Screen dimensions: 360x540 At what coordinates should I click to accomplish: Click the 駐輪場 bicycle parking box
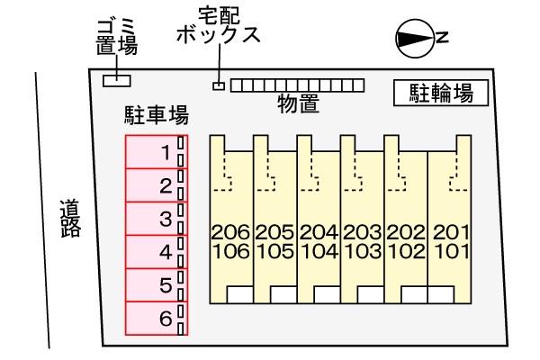point(441,92)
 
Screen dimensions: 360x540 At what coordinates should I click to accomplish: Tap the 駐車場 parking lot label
point(156,114)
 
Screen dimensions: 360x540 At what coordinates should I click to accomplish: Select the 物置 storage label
point(299,103)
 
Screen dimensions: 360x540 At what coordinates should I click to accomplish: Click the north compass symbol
point(417,38)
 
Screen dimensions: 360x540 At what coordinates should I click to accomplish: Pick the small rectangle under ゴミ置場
point(116,81)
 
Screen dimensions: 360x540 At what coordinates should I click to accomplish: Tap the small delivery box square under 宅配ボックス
point(218,85)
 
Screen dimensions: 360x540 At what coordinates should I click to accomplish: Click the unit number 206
point(230,233)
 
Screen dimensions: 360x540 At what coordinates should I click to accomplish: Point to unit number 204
point(318,233)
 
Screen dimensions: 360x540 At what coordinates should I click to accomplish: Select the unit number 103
point(362,251)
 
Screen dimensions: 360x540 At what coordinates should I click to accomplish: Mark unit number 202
point(406,233)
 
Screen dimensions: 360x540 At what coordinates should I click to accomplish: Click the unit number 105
point(274,251)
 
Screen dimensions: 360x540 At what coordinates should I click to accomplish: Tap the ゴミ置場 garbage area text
point(116,37)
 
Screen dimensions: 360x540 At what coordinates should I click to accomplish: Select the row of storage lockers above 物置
point(297,85)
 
